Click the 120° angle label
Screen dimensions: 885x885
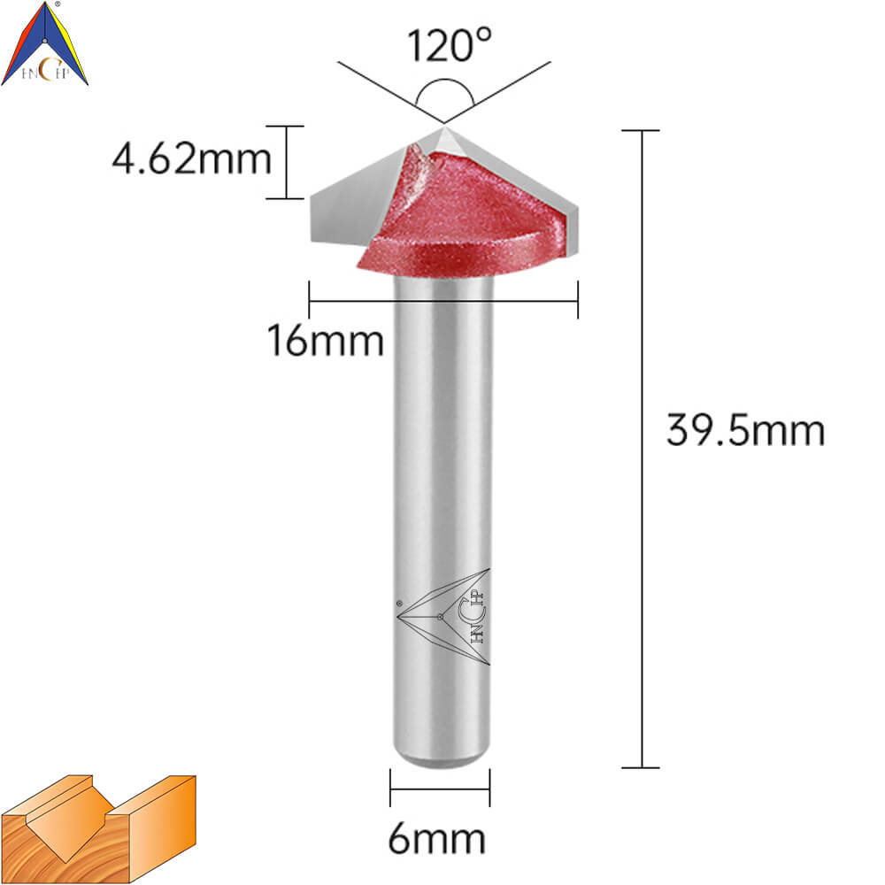(x=449, y=45)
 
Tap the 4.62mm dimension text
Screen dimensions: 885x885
(x=192, y=158)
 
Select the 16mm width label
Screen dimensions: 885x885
(x=326, y=341)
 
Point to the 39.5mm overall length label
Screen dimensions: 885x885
(x=745, y=430)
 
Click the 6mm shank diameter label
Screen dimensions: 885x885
(x=437, y=839)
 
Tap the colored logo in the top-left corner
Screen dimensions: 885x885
(x=44, y=43)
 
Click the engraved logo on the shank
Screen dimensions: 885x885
(x=443, y=616)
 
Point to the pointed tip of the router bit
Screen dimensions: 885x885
(x=445, y=127)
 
